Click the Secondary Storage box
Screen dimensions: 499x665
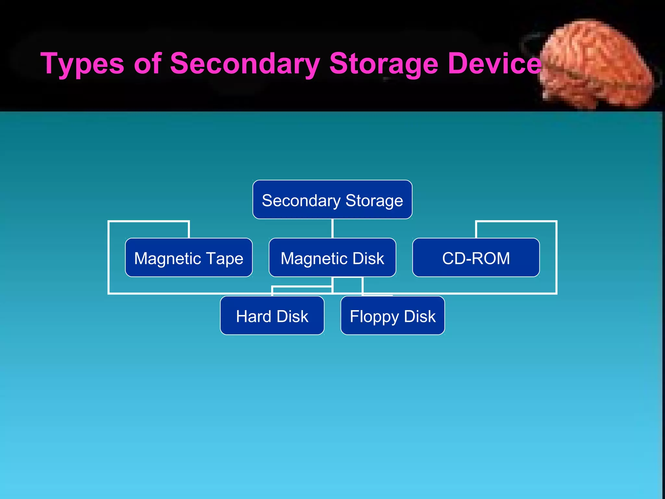point(332,199)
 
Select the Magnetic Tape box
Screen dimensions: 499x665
point(189,258)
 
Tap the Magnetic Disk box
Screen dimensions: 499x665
point(332,258)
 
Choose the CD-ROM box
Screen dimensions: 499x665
point(476,258)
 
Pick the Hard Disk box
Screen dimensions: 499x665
point(272,315)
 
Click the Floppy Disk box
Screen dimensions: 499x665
point(392,315)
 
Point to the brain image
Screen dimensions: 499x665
point(597,65)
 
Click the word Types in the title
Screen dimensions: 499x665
point(82,63)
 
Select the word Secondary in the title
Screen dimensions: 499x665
point(245,63)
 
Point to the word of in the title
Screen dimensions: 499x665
point(148,63)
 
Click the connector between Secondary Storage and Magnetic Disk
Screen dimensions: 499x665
point(332,228)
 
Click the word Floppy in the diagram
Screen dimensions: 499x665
point(374,317)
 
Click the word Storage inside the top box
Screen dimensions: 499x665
point(374,200)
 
